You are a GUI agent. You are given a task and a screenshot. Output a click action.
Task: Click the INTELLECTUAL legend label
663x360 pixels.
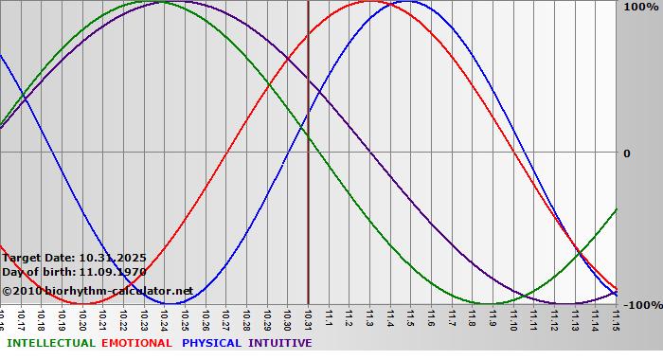51,343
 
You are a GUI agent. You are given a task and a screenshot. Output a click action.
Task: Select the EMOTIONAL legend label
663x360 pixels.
136,343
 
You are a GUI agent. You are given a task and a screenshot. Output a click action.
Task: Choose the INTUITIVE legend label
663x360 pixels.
280,343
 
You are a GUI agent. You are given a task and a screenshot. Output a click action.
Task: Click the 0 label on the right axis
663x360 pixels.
626,153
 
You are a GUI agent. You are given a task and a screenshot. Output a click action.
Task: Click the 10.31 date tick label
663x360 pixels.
307,318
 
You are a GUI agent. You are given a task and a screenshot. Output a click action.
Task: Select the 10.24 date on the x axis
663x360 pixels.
164,318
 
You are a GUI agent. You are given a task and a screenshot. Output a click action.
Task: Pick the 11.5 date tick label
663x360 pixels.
410,318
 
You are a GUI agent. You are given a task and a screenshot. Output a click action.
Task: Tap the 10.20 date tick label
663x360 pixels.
82,318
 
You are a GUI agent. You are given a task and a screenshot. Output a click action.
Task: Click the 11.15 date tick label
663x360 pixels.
615,318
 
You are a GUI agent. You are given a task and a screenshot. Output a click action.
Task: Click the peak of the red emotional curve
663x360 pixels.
369,2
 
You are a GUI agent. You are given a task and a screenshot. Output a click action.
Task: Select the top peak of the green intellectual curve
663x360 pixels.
160,2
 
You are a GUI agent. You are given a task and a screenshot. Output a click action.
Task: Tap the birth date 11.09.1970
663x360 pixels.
113,272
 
